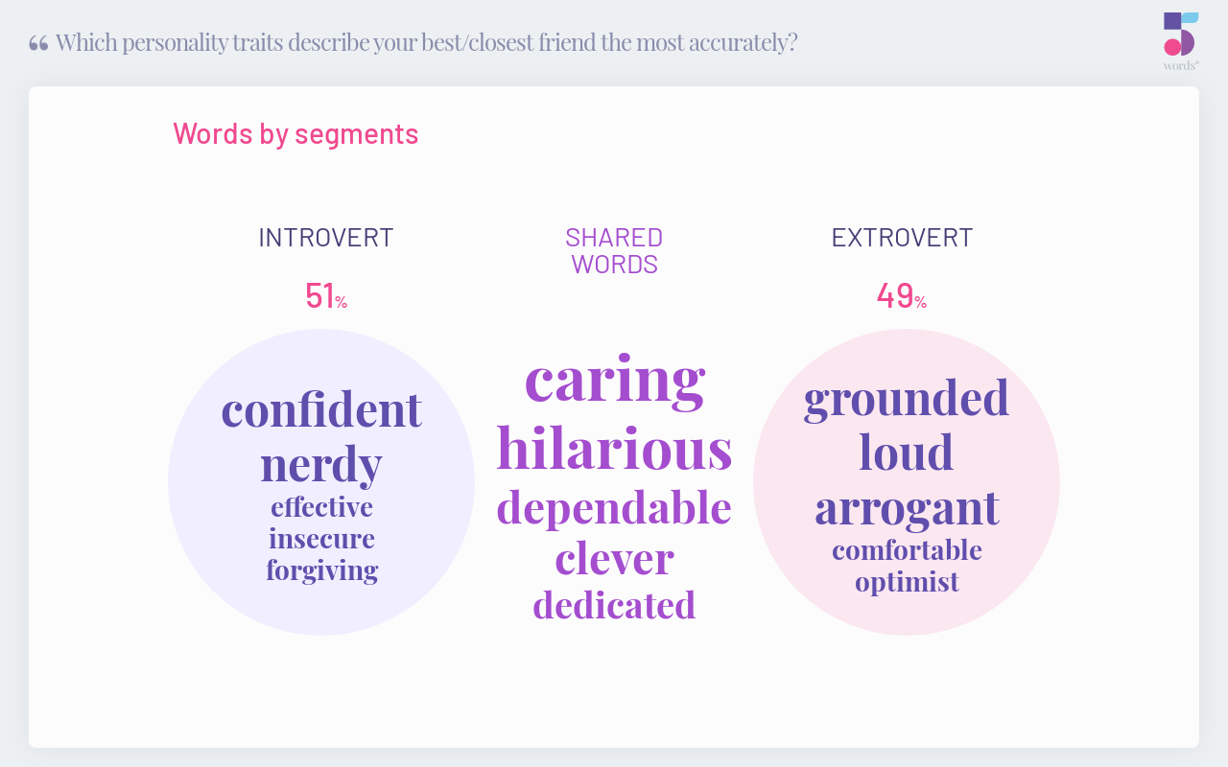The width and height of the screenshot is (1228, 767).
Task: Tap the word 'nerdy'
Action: coord(321,466)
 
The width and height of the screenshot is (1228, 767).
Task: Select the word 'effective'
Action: coord(321,507)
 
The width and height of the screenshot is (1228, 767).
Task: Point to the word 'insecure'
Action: coord(321,539)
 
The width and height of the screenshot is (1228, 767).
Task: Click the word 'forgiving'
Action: coord(322,571)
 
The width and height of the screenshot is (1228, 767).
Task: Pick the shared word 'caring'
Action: coord(615,381)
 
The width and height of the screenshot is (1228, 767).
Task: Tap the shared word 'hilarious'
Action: coord(615,447)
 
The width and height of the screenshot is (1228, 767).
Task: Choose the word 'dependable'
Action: coord(614,508)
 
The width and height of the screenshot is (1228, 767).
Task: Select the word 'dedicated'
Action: coord(615,604)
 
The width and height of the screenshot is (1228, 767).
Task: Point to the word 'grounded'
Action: coord(907,400)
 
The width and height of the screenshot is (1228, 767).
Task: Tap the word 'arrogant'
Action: coord(908,509)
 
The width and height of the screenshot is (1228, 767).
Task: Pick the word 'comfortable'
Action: coord(907,550)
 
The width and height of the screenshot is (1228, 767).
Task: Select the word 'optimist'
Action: coord(907,582)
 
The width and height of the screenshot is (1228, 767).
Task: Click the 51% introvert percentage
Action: coord(326,296)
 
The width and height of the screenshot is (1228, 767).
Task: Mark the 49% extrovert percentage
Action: coord(902,296)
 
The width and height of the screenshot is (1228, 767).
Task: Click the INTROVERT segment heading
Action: coord(326,238)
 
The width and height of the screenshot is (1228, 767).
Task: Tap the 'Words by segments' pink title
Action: coord(296,134)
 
